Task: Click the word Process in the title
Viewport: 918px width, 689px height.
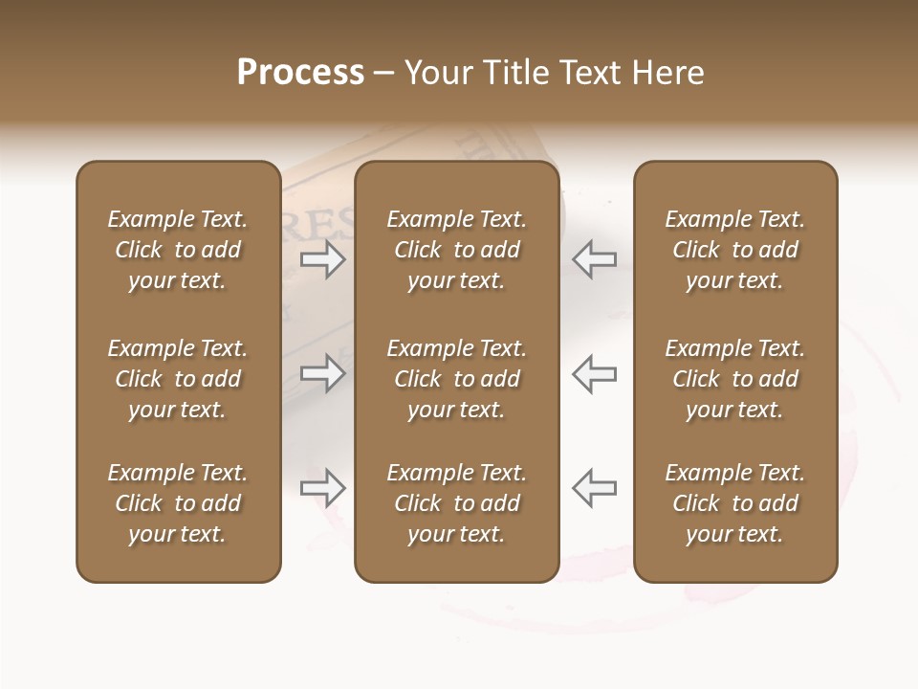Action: tap(300, 73)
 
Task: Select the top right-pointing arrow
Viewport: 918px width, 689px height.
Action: tap(323, 259)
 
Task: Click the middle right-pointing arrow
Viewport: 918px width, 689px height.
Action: tap(323, 373)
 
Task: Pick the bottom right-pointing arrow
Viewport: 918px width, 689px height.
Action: tap(323, 488)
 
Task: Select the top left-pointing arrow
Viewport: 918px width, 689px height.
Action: tap(594, 259)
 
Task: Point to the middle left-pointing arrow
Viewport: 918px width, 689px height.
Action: tap(594, 373)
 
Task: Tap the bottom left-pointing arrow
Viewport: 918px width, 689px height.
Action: tap(594, 488)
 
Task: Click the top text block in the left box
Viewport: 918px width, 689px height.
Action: tap(178, 250)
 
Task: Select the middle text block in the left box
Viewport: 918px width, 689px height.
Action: tap(178, 379)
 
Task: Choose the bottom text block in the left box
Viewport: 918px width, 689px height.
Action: tap(178, 503)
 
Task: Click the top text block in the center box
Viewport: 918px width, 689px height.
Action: tap(456, 250)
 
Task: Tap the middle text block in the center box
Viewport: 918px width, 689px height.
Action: tap(456, 379)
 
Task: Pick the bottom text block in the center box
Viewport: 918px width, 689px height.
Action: tap(456, 503)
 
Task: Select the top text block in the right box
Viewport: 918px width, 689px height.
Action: tap(735, 250)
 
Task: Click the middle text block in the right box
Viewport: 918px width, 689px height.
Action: tap(735, 379)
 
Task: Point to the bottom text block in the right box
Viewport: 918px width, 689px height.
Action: tap(735, 503)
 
